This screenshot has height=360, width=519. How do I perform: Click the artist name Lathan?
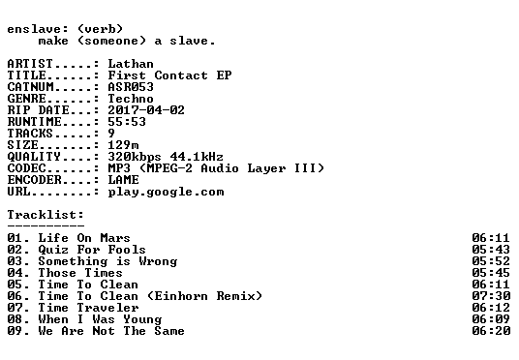point(131,64)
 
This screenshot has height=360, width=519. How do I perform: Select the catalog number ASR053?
point(131,87)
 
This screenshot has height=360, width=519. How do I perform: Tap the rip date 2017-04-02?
point(146,110)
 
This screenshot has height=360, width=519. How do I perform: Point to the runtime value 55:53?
point(127,122)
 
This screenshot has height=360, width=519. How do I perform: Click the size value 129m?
point(123,145)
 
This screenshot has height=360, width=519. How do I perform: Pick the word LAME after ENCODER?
point(123,180)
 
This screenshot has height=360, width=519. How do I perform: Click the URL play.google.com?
point(166,193)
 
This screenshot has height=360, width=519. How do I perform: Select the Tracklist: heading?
point(46,215)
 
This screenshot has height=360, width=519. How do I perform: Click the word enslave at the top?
point(34,29)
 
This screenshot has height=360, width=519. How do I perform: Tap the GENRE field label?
point(26,99)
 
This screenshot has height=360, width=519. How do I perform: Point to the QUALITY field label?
point(34,157)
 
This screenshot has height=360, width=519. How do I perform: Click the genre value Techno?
point(131,99)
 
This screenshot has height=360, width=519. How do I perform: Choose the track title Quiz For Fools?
point(92,250)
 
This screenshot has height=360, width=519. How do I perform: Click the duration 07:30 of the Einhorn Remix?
point(491,296)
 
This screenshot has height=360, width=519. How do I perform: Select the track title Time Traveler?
point(88,308)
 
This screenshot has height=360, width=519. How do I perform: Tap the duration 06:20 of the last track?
point(491,331)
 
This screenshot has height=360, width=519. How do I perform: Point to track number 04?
point(15,273)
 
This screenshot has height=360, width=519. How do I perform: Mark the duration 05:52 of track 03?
point(491,261)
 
